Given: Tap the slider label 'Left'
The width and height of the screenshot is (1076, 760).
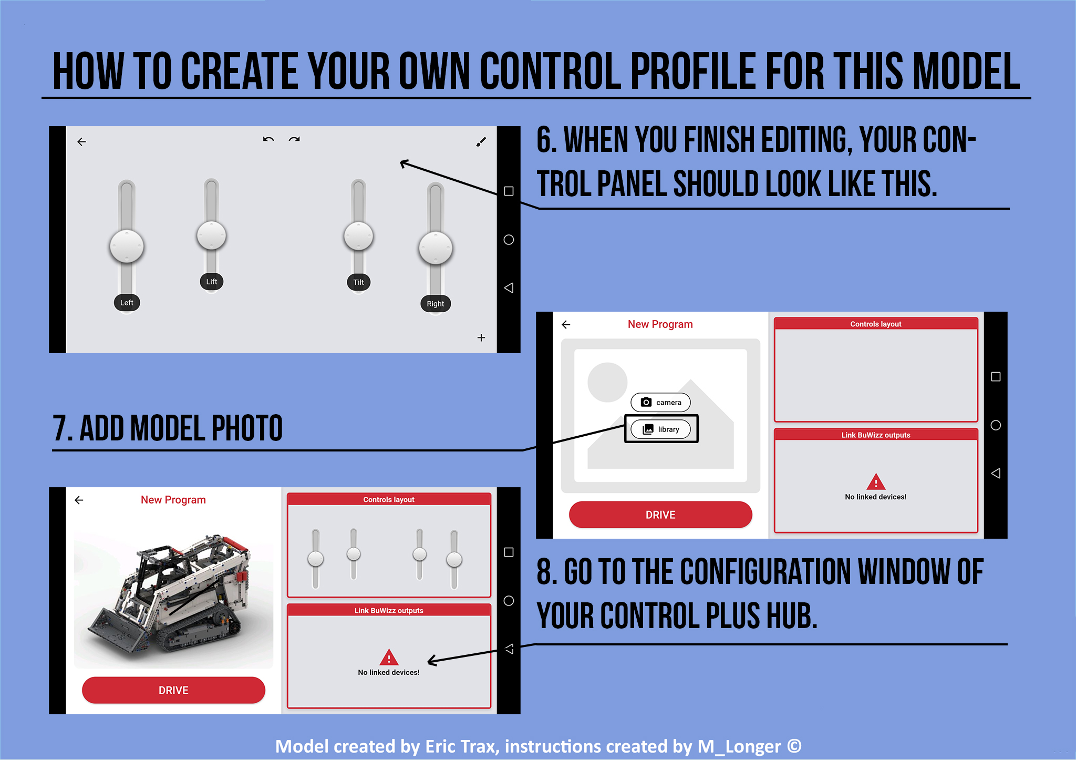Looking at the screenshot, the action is point(127,303).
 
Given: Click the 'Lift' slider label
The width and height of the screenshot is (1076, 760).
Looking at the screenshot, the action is point(211,282).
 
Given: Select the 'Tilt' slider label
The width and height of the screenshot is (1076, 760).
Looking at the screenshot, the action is point(358,282).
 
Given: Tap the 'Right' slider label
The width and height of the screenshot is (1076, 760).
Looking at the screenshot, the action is point(435,304).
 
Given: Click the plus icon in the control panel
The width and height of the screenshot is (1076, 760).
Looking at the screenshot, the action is point(481,337).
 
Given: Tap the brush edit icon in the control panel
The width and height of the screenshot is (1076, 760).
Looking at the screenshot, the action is point(481,141).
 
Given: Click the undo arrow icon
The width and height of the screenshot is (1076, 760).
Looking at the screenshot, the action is point(268,139).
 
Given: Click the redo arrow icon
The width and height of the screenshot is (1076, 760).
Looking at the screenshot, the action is point(294,139).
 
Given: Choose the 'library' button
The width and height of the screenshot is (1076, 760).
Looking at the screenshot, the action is point(661,429).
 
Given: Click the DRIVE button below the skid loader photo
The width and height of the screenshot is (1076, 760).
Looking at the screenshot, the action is point(173,690).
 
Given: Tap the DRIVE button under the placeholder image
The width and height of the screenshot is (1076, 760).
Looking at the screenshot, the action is point(660,515).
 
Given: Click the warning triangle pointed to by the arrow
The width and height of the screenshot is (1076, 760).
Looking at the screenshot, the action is point(389,657).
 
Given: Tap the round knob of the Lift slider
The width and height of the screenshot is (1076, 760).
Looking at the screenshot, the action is point(211,235).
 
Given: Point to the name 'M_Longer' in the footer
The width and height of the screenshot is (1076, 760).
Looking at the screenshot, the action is point(739,746).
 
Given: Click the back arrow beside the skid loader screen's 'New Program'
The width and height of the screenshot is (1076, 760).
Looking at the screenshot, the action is point(79,500).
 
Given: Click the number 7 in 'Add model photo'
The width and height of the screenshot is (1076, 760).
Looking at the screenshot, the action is point(60,428).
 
